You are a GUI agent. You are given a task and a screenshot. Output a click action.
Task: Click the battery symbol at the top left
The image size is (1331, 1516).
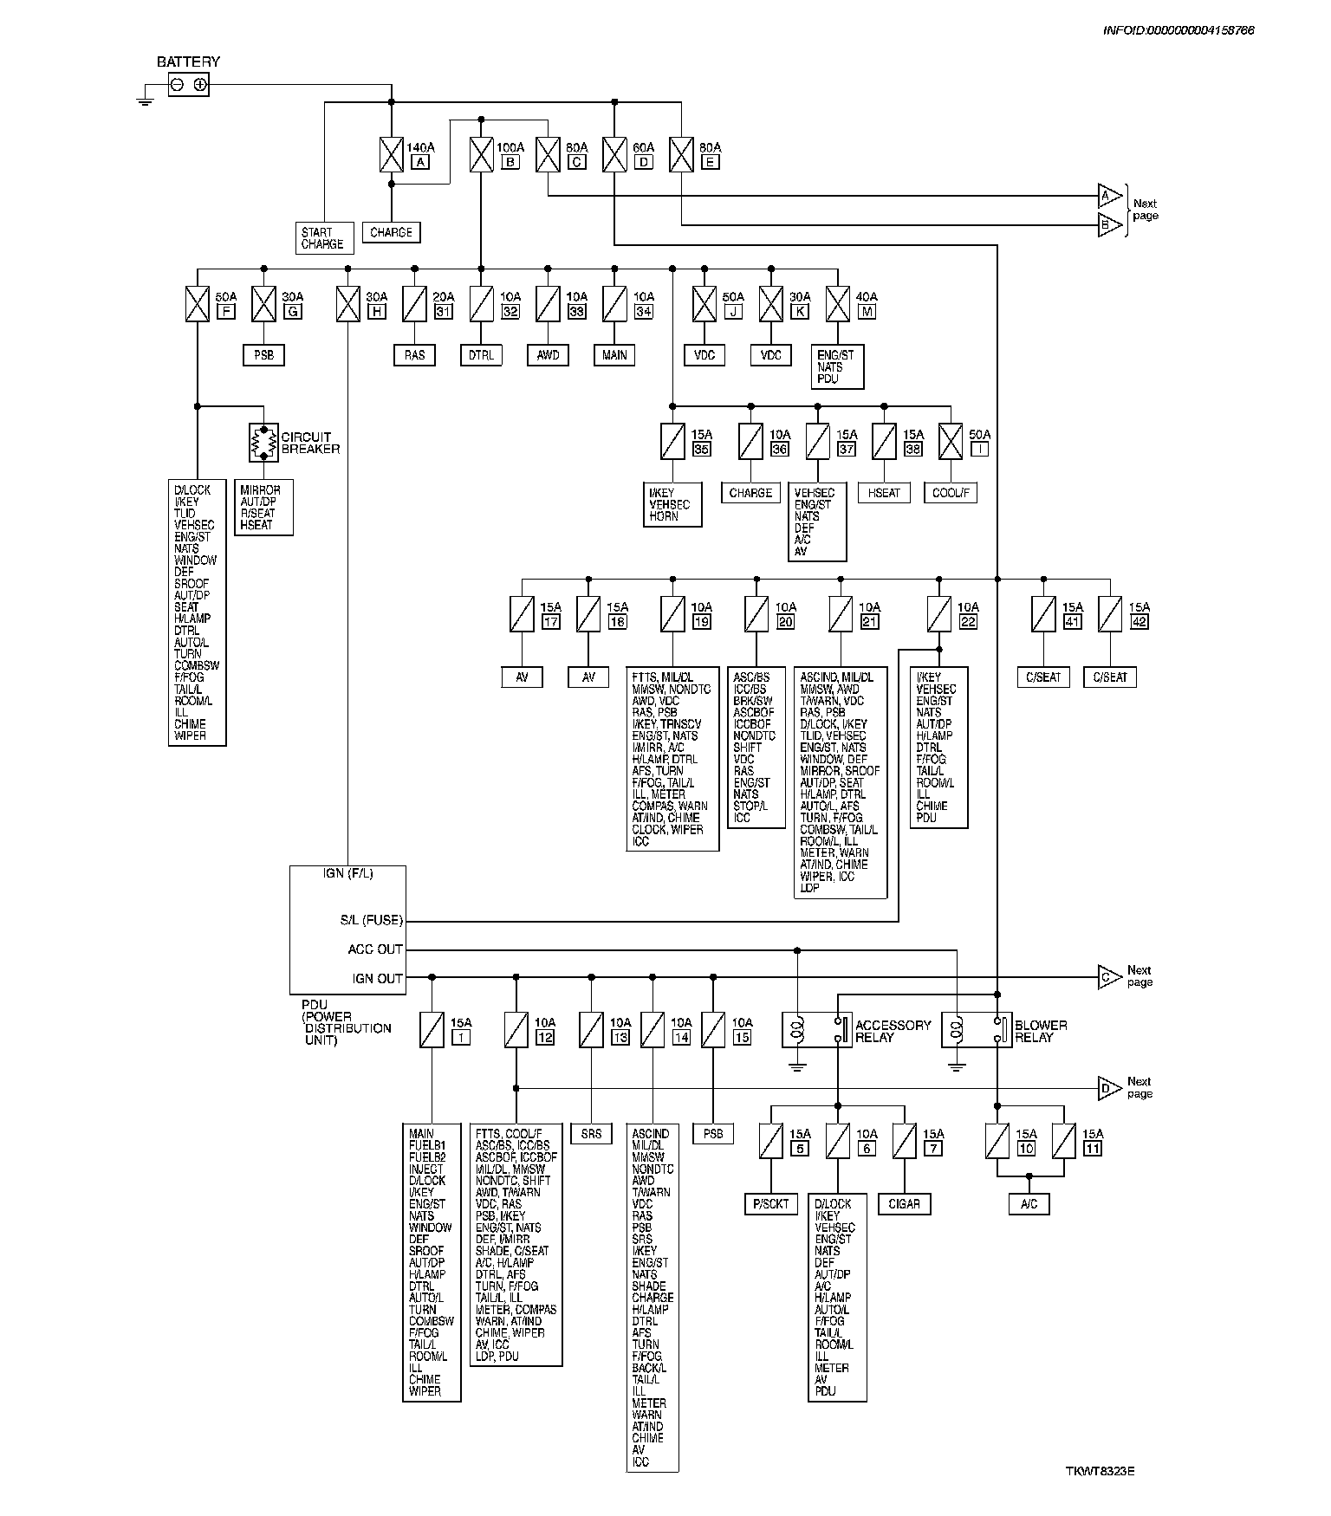pos(188,84)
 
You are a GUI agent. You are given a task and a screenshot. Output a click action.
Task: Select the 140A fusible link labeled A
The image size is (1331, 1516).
pos(392,154)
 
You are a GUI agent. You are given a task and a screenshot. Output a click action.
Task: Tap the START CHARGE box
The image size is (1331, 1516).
pos(323,238)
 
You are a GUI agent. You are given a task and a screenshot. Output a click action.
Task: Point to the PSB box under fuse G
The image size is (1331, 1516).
pos(263,355)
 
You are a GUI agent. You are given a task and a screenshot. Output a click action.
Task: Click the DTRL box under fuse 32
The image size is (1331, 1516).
pos(481,355)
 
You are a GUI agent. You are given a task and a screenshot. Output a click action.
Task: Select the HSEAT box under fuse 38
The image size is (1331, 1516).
pos(884,493)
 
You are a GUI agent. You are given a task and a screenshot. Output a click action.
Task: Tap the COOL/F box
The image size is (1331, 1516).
pos(951,493)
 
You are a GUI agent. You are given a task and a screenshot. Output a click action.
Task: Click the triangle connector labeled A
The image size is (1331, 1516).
pos(1108,197)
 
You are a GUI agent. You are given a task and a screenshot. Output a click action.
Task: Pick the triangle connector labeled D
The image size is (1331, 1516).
pos(1108,1088)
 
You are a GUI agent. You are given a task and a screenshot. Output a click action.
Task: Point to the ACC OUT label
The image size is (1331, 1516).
pos(375,949)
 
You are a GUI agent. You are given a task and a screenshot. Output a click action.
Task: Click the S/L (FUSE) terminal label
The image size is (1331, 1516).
pos(371,920)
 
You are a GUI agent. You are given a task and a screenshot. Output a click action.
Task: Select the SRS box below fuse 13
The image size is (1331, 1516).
pos(591,1133)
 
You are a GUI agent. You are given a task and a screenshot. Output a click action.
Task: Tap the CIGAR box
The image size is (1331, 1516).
pos(904,1203)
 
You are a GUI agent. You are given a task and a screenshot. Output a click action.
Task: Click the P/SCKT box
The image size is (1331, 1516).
pos(770,1203)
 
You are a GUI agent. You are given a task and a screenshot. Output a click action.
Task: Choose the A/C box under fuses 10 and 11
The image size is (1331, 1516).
pos(1029,1203)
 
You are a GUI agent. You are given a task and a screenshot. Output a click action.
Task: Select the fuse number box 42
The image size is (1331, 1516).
pos(1139,622)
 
